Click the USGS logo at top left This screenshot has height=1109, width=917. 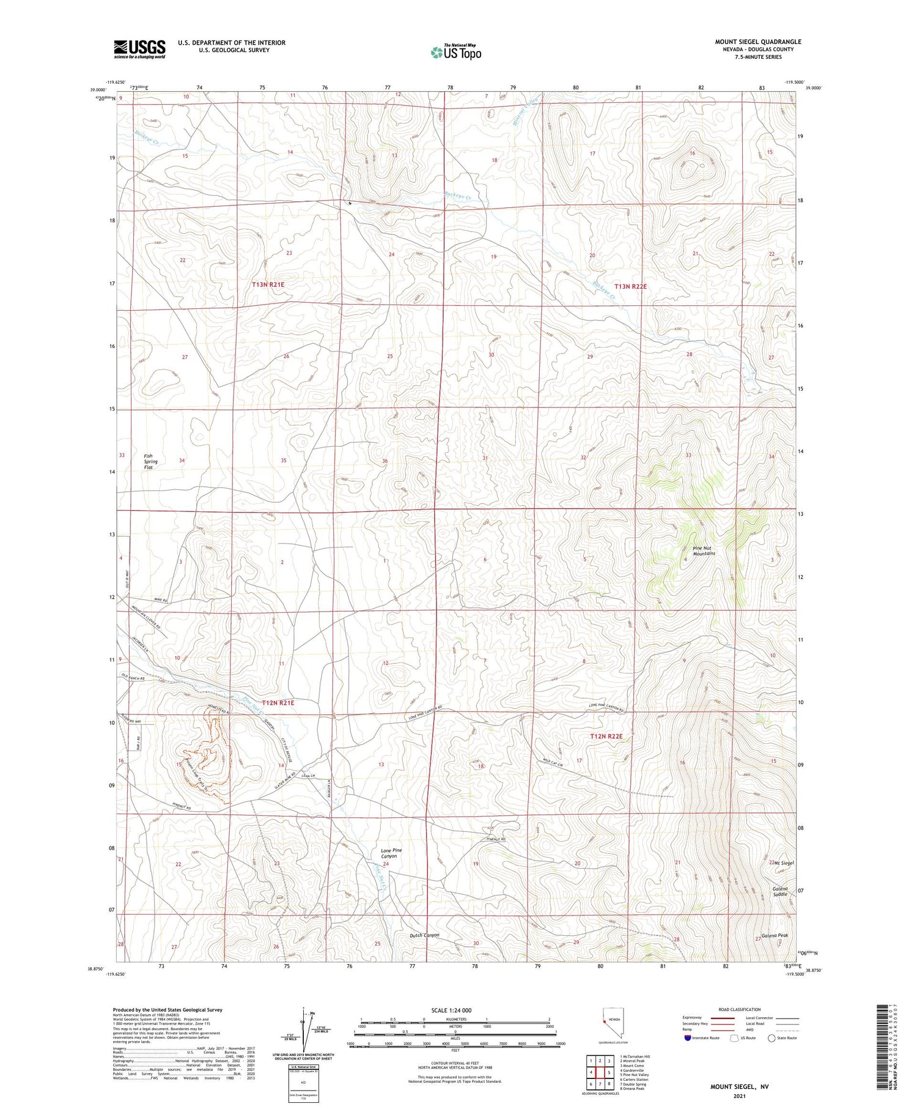pos(139,49)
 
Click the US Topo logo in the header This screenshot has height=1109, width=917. pos(455,53)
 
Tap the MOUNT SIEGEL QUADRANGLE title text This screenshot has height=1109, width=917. pos(757,42)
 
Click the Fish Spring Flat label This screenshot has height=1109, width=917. pos(150,461)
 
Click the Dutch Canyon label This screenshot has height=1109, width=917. pos(424,935)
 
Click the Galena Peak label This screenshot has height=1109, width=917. pos(775,936)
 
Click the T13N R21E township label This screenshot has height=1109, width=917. pos(268,284)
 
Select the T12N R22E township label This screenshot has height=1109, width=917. pos(606,736)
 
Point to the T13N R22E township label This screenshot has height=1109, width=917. pos(630,286)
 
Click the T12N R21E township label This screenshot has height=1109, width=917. pos(278,703)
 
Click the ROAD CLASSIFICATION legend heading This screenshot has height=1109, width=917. pos(739,1009)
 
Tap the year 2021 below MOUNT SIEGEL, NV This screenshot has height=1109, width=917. pos(739,1096)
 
